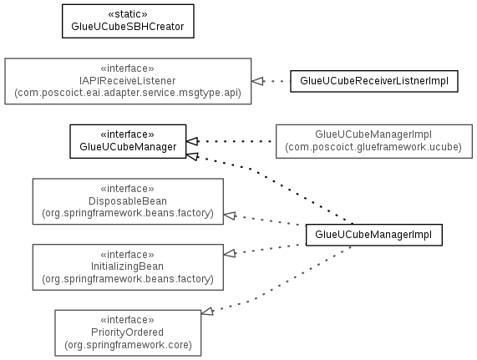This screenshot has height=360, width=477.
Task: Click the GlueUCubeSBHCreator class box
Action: click(x=128, y=21)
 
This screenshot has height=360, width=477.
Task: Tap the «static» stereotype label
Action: click(x=128, y=14)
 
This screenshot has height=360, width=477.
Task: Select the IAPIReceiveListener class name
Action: click(x=128, y=80)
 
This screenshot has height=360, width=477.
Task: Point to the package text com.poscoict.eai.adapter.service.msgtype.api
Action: click(x=128, y=93)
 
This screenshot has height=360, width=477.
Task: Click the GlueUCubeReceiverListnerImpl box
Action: click(x=374, y=81)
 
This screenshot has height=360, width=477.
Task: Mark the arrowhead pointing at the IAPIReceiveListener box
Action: click(x=257, y=81)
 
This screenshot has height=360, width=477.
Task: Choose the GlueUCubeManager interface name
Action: click(x=128, y=147)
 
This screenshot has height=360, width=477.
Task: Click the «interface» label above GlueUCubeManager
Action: click(x=128, y=134)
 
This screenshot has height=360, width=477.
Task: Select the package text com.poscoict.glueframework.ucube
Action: click(x=373, y=147)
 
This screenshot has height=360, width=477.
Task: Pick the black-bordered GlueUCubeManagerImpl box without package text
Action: click(x=374, y=235)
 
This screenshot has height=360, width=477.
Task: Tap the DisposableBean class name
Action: click(x=128, y=201)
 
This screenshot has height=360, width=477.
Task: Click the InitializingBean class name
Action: click(x=127, y=266)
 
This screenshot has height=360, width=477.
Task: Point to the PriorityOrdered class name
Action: click(x=127, y=332)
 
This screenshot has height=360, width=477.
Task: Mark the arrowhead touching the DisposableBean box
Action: click(x=230, y=215)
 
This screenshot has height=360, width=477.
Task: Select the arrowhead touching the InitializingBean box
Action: click(x=230, y=253)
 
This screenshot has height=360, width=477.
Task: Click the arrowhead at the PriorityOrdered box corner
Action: click(x=207, y=312)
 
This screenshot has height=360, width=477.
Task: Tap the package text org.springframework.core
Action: click(x=128, y=345)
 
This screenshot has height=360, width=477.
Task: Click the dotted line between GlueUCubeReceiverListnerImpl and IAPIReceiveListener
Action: click(x=277, y=81)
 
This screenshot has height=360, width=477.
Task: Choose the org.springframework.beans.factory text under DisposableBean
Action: click(x=128, y=213)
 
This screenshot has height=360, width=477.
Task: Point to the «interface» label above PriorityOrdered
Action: click(x=128, y=320)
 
